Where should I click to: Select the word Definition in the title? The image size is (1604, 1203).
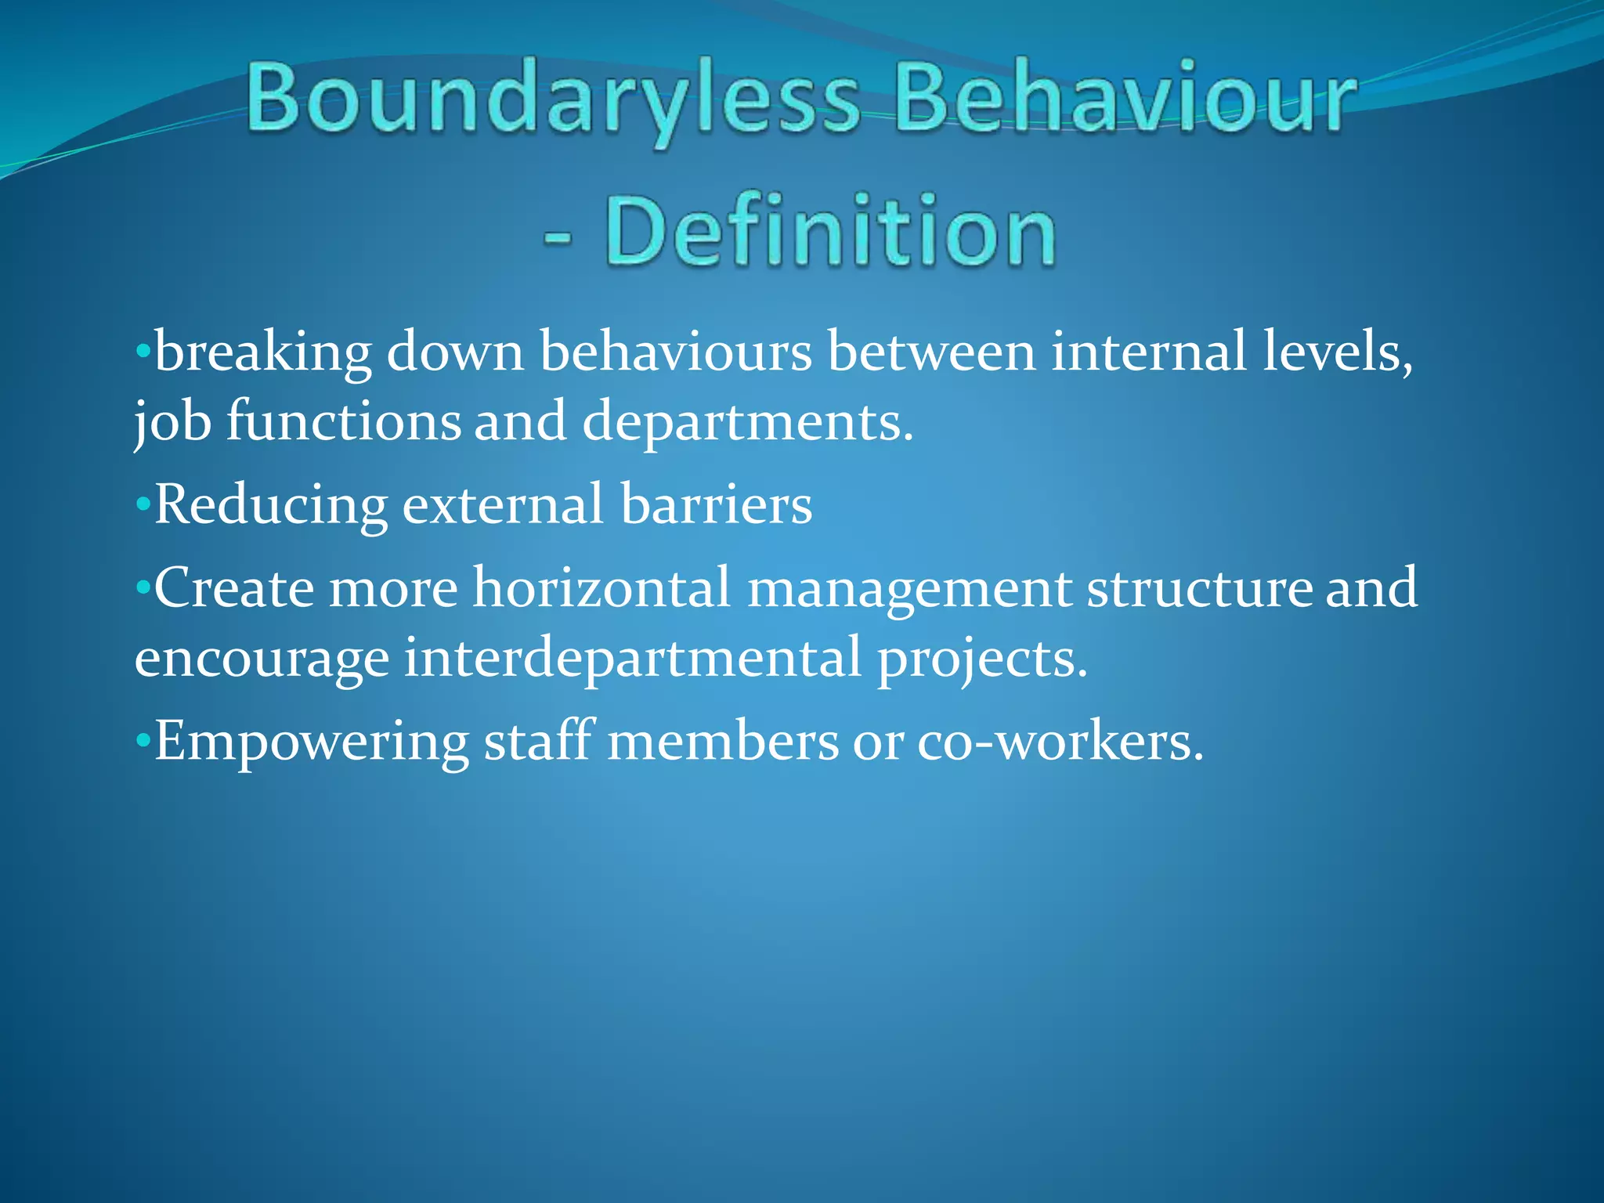tap(830, 232)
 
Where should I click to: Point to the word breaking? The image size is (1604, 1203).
tap(263, 352)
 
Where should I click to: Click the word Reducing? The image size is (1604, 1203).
tap(271, 505)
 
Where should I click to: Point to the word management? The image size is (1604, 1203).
tap(909, 589)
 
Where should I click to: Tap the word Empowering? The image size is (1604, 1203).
tap(312, 742)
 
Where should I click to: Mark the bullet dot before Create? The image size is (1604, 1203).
tap(142, 587)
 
